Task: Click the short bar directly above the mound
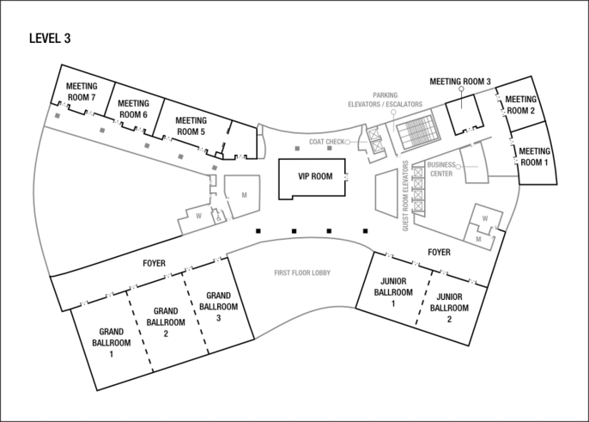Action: (305, 275)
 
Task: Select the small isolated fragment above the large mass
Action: (485, 89)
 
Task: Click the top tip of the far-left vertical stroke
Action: (48, 108)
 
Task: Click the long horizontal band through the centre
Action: (326, 216)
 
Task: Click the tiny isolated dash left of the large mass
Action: (295, 147)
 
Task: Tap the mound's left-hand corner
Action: (258, 337)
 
